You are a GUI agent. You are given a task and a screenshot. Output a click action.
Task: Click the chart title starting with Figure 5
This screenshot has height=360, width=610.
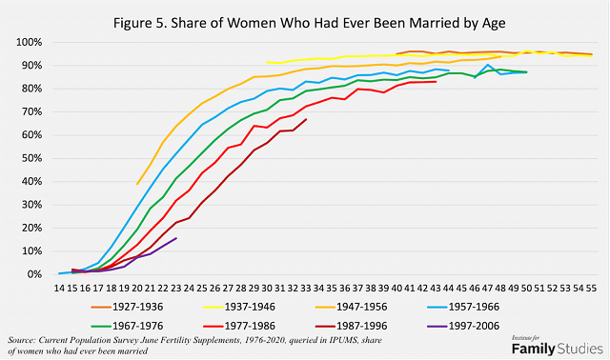pos(304,19)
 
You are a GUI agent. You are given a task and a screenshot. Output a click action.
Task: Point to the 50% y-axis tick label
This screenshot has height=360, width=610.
pos(30,158)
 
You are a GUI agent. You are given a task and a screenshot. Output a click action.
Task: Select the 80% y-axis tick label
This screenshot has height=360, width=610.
pos(30,89)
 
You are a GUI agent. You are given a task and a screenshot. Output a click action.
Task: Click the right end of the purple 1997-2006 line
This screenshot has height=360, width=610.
pos(176,238)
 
